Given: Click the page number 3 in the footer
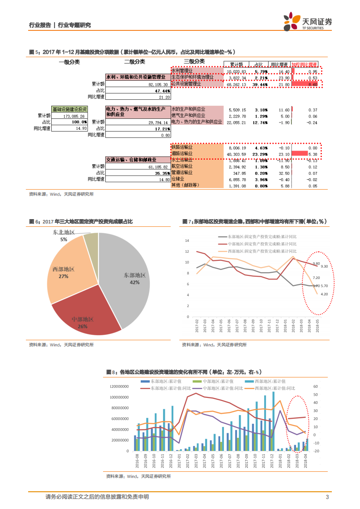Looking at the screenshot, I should click(x=327, y=497).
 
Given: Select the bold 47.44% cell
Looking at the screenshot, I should click(x=162, y=91).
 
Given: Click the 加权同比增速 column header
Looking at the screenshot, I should click(x=304, y=64).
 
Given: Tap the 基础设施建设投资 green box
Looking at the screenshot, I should click(x=69, y=110).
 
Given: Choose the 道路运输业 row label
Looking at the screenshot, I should click(x=182, y=154).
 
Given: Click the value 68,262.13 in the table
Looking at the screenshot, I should click(x=237, y=84).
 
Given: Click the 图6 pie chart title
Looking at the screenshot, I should click(x=81, y=221).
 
